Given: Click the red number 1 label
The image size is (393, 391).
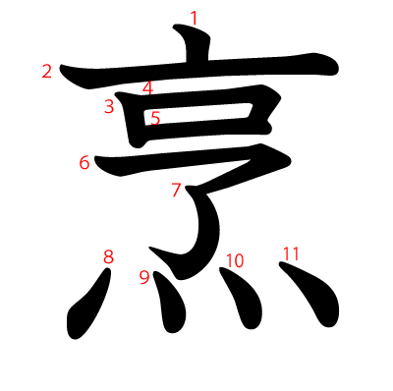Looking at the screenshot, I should click(x=194, y=18).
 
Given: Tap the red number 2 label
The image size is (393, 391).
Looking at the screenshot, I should click(x=46, y=71).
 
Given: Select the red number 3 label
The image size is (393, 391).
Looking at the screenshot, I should click(x=109, y=107).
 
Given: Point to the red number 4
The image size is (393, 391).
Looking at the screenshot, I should click(x=147, y=88).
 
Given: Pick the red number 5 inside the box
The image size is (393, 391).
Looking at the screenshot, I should click(x=154, y=118).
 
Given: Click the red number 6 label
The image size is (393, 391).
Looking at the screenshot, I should click(x=84, y=162).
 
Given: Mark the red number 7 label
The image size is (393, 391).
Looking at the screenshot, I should click(x=176, y=190).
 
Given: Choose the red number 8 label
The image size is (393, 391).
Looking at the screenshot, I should click(x=108, y=257).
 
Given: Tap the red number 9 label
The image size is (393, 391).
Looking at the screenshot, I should click(x=144, y=277).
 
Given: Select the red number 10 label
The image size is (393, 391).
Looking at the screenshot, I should click(x=234, y=260).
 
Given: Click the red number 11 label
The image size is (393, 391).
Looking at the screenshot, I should click(x=290, y=253).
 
